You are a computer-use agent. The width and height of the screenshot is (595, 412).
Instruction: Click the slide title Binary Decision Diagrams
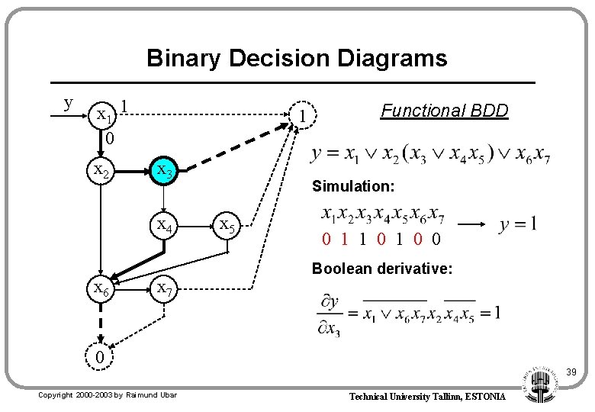pyautogui.click(x=297, y=58)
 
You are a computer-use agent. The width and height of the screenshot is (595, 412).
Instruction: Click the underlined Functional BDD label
pyautogui.click(x=444, y=111)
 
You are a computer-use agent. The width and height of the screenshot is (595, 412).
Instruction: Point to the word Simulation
pyautogui.click(x=352, y=186)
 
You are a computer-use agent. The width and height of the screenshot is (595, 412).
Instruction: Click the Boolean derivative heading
pyautogui.click(x=382, y=269)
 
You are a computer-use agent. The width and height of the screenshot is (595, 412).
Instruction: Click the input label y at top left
pyautogui.click(x=69, y=102)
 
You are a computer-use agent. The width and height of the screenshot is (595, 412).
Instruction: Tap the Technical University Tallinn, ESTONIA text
pyautogui.click(x=427, y=397)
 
